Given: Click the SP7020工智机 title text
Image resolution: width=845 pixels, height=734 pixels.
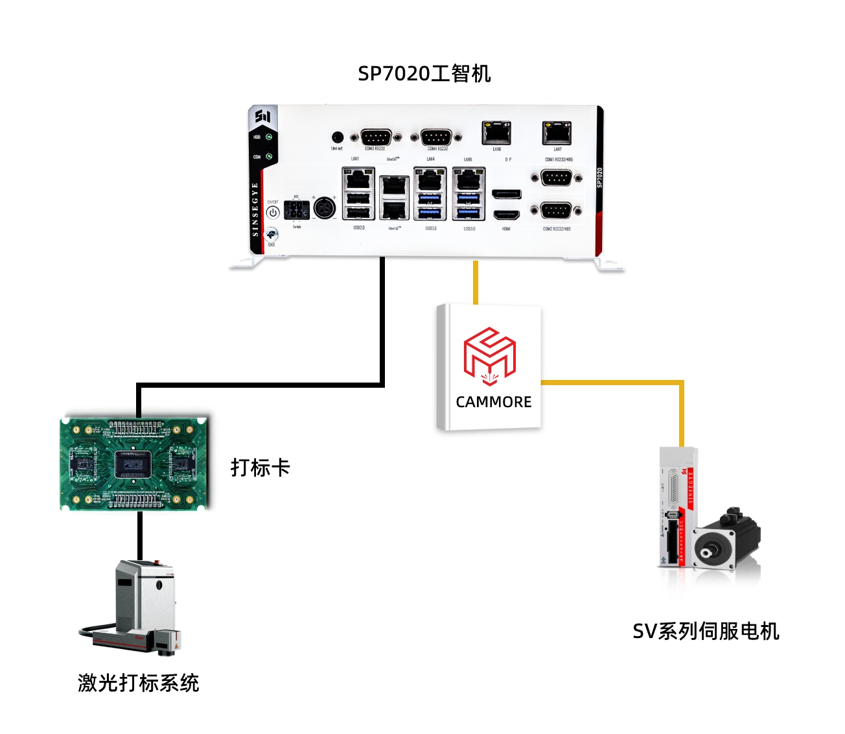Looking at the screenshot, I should [x=424, y=73].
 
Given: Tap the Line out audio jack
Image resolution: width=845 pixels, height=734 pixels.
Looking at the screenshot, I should [x=337, y=137].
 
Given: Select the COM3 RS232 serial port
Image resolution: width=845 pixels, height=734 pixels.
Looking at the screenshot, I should [x=375, y=137].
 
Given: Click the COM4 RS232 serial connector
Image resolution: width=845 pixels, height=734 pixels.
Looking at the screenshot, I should [x=436, y=137].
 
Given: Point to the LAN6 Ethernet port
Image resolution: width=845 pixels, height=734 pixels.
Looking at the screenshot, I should [x=496, y=133].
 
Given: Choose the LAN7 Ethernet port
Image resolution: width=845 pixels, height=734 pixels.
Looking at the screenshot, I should [x=557, y=133].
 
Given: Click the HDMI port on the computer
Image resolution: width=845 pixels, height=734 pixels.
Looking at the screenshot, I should [x=506, y=215].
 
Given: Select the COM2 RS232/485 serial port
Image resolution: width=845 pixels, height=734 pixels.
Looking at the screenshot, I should [x=556, y=210].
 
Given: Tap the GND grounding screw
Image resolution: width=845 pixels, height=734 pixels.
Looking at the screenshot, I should [x=272, y=234].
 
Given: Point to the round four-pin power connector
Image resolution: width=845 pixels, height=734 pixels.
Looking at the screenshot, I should [x=324, y=208].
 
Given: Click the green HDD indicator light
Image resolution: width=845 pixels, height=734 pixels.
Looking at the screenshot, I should [x=268, y=137].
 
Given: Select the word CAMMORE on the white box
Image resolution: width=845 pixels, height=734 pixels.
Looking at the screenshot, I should [x=494, y=402].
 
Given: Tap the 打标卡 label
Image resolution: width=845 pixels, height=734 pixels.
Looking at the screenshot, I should [x=260, y=468].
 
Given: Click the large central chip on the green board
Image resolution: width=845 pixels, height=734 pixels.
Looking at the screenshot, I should [x=133, y=464].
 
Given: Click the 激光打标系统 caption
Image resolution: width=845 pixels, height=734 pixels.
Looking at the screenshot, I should [x=138, y=683].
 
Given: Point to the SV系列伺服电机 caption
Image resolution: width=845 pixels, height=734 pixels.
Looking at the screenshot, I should [x=706, y=631].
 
